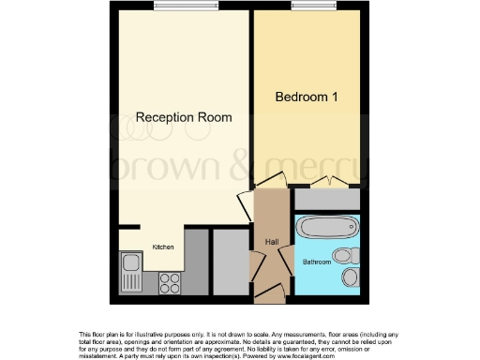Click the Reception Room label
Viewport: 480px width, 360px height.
click(184, 117)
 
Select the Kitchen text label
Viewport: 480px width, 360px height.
click(163, 247)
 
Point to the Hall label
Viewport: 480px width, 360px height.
click(272, 242)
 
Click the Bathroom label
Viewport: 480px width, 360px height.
click(317, 262)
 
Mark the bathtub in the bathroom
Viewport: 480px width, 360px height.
click(326, 228)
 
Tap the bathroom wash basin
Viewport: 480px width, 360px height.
click(350, 277)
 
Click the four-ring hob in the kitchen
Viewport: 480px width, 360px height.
click(170, 280)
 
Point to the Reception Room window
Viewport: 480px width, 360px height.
click(186, 7)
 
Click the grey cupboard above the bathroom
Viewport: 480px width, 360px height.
click(326, 199)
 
